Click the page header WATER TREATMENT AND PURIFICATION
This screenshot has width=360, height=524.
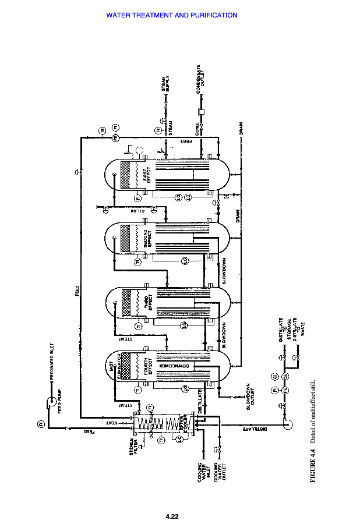pos(172,15)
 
